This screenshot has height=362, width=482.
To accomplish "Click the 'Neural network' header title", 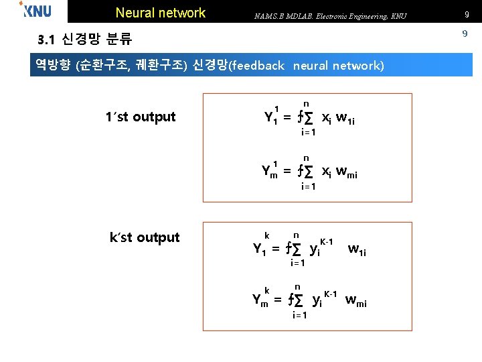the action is [161, 13].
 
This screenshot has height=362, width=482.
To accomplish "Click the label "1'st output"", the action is [140, 117].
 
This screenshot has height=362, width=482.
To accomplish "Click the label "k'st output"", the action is [145, 237].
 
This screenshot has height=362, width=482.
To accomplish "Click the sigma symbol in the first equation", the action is [309, 118].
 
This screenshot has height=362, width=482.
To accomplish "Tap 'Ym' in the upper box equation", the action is [270, 172].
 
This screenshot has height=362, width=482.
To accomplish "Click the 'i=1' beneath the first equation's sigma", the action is [309, 132].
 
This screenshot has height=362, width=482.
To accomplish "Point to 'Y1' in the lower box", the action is [260, 249].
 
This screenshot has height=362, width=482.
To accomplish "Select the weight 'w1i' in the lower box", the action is [357, 250].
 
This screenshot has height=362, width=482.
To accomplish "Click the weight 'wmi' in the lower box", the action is [355, 301].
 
